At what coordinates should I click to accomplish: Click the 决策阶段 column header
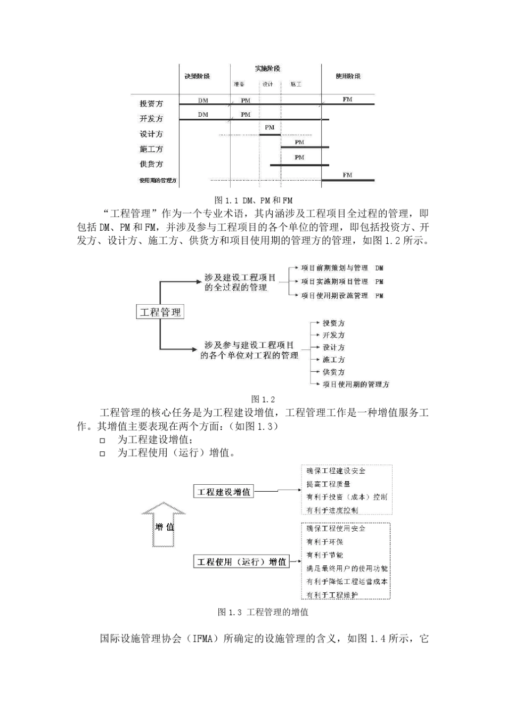pos(197,76)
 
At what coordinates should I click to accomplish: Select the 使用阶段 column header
pos(348,76)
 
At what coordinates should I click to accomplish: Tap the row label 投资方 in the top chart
pos(151,103)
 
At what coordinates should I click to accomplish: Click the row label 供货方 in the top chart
pos(151,164)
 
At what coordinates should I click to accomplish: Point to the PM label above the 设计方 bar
pos(270,127)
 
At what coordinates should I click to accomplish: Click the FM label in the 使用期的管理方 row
pos(347,175)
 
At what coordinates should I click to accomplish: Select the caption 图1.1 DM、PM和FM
pos(253,201)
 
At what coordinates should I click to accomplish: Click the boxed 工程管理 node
pos(160,312)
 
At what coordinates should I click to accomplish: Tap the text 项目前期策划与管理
pos(334,268)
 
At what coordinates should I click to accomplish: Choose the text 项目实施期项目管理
pos(334,281)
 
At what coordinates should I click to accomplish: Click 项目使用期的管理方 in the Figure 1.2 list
pos(356,384)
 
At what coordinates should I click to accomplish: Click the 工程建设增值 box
pos(224,492)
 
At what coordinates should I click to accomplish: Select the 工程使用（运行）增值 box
pos(242,562)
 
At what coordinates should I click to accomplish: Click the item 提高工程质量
pos(329,484)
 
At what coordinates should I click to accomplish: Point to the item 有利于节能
pos(325,555)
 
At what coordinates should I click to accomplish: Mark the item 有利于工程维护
pos(332,595)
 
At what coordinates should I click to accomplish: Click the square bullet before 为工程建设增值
pos(103,441)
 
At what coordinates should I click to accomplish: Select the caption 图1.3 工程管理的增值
pos(263,613)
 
